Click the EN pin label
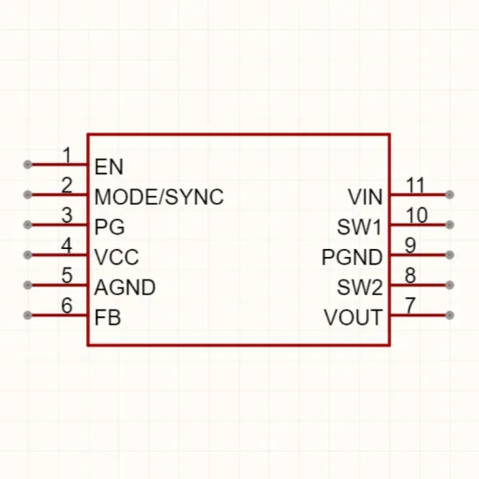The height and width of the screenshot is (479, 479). [109, 167]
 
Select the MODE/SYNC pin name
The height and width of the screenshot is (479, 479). [159, 197]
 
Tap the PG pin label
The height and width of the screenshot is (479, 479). [110, 227]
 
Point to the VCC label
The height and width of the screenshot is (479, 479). [117, 257]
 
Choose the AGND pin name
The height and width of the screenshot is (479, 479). [125, 287]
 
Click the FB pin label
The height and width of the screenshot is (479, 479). [108, 317]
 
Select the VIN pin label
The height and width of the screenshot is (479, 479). [365, 197]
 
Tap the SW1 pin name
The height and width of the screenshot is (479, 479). [359, 227]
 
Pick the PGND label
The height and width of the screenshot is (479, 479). [352, 257]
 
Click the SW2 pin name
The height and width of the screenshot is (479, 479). [360, 287]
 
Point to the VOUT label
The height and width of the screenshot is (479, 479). [353, 317]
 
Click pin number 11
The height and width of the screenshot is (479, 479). [415, 186]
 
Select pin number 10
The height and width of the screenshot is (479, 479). [416, 215]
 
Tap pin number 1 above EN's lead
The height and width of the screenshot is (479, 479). [67, 155]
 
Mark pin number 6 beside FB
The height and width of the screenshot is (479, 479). [67, 305]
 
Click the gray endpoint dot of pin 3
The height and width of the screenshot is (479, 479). [28, 225]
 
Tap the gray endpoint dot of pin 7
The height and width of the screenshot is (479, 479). [449, 315]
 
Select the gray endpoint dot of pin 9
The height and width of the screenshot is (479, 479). [449, 255]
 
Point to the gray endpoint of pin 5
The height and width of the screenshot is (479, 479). [28, 285]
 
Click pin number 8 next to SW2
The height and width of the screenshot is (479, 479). [410, 275]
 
